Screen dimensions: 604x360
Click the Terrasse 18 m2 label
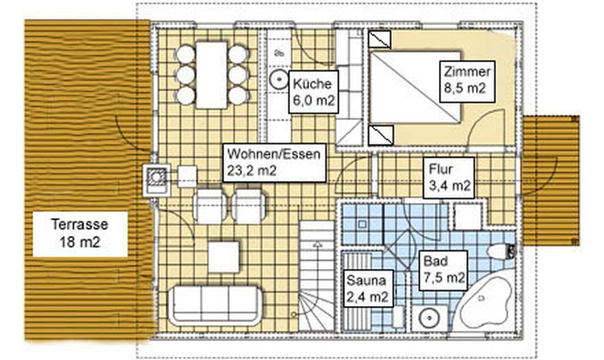tap(80, 234)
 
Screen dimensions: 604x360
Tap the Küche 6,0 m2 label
tap(313, 92)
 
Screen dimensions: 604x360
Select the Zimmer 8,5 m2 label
tap(467, 81)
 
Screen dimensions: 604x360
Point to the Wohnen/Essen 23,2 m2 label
tap(275, 163)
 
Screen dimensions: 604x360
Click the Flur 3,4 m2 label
tap(449, 177)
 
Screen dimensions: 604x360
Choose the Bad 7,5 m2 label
tap(444, 271)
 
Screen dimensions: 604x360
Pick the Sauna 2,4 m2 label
tap(367, 288)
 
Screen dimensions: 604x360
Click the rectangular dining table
tap(212, 75)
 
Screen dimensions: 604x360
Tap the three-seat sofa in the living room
tap(215, 304)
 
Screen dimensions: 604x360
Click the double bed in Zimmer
tap(416, 87)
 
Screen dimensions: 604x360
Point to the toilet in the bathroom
tap(501, 251)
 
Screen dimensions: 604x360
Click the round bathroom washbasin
tap(428, 318)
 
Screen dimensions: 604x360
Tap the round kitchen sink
tap(279, 80)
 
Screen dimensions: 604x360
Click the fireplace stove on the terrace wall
tap(157, 180)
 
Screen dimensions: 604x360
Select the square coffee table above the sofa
tap(223, 256)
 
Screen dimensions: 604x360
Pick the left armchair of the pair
tap(209, 206)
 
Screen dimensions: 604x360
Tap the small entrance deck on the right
tap(551, 180)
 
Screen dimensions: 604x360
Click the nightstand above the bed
tap(380, 39)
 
